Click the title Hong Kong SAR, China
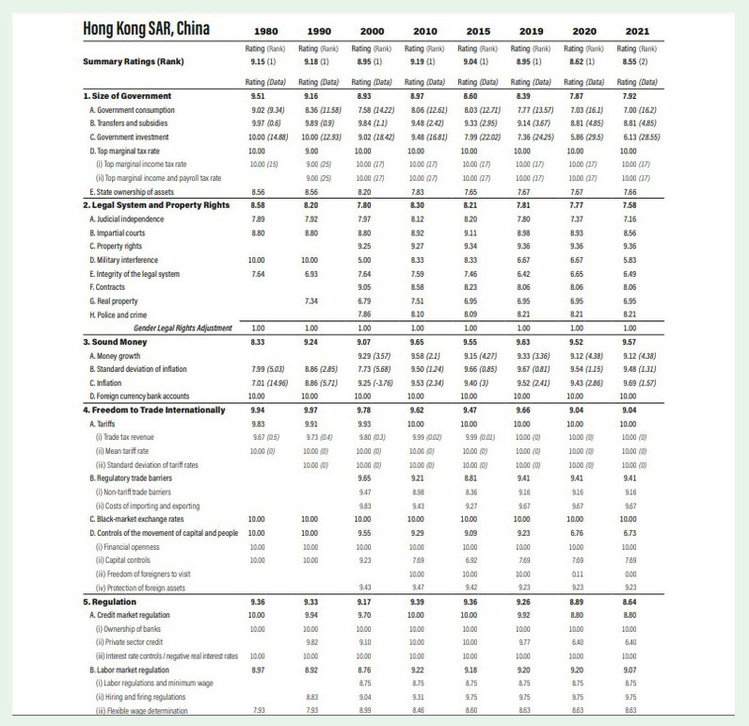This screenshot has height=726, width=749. pyautogui.click(x=147, y=26)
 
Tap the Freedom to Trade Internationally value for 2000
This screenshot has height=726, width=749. pyautogui.click(x=371, y=410)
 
